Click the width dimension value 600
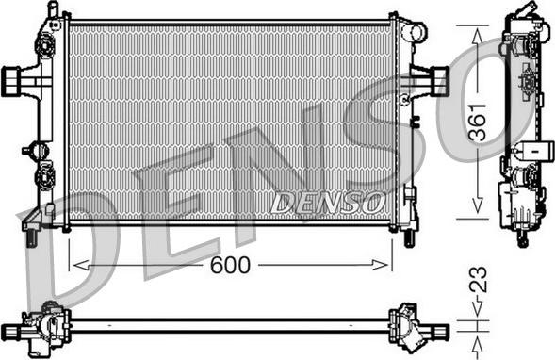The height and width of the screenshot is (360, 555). [230, 266]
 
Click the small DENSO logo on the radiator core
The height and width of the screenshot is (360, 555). [328, 201]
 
